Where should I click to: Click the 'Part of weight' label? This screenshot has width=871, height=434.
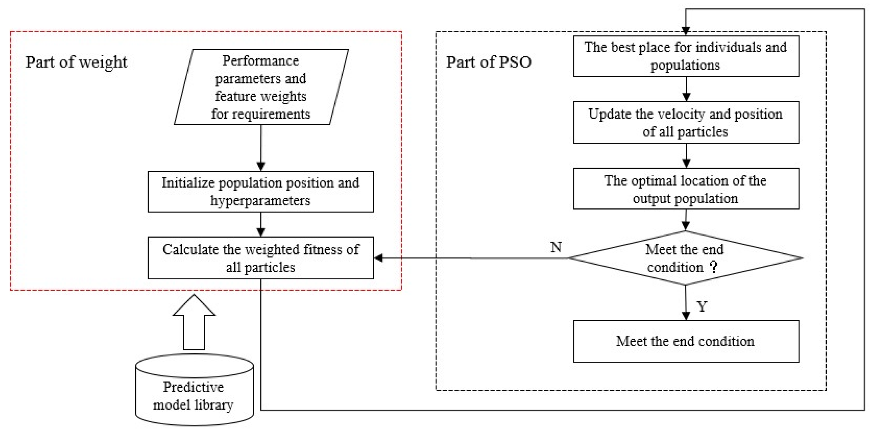click(76, 63)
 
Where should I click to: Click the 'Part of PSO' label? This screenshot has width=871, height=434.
click(489, 63)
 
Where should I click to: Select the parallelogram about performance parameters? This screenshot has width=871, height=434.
click(261, 87)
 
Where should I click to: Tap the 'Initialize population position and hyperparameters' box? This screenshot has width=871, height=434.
click(261, 192)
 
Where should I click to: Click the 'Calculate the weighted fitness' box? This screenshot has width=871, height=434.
click(261, 258)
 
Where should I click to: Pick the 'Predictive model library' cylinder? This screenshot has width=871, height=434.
click(194, 395)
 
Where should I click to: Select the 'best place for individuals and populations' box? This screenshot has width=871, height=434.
click(686, 56)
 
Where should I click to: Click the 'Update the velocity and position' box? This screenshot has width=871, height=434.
click(686, 122)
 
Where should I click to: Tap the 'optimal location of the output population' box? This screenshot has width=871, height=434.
click(686, 189)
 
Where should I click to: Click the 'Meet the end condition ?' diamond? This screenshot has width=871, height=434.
click(685, 258)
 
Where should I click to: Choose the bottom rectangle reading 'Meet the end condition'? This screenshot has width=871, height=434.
click(686, 341)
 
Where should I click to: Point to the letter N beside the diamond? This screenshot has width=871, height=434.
click(556, 247)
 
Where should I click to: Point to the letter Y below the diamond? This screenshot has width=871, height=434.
click(702, 306)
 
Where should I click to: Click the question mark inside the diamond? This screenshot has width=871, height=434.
click(714, 267)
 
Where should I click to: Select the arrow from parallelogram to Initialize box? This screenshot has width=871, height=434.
click(261, 149)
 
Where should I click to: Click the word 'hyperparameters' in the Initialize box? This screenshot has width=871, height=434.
click(260, 201)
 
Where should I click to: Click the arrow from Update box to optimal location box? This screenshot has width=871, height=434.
click(686, 156)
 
